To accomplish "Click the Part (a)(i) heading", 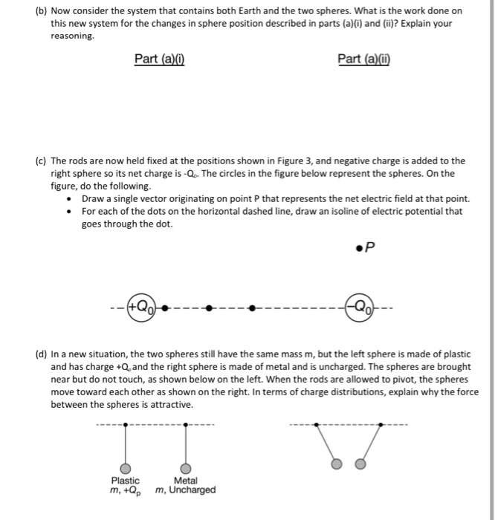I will click(159, 59).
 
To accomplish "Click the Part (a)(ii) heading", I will click(363, 59).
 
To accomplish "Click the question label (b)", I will click(41, 11).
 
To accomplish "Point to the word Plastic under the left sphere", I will click(125, 481).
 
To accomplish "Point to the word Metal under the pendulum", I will click(185, 481).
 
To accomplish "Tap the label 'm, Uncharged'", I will click(186, 490).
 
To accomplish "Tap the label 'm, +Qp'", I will click(124, 491).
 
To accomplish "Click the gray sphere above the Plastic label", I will click(126, 468).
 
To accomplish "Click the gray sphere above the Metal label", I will click(185, 468).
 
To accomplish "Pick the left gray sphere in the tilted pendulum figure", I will click(337, 464).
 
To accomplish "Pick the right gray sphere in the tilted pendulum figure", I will click(360, 464).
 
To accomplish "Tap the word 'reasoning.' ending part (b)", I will click(72, 36).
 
